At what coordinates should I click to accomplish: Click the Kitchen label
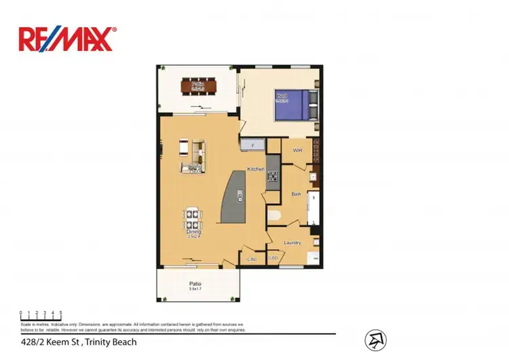tap(255, 168)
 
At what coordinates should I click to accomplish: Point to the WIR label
tap(297, 150)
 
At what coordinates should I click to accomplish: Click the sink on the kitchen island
tap(240, 196)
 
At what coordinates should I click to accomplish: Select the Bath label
tap(296, 194)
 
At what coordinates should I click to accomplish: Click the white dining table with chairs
tap(192, 221)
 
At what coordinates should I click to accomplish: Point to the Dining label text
tap(193, 232)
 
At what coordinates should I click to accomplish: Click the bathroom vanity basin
tap(313, 179)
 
